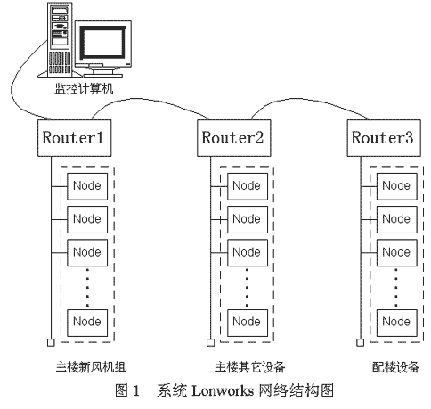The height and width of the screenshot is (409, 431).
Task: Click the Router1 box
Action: [75, 138]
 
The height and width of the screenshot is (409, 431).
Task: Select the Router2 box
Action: [234, 138]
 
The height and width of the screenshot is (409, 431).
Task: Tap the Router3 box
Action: [384, 138]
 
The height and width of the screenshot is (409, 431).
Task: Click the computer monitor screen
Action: [102, 43]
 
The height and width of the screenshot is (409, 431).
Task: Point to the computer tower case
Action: [61, 38]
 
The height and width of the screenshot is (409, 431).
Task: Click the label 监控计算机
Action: [84, 89]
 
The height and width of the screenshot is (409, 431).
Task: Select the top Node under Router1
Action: [87, 186]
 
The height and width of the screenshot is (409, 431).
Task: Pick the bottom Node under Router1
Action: [87, 323]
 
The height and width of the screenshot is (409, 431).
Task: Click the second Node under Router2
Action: [248, 219]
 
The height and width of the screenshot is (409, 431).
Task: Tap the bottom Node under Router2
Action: [248, 323]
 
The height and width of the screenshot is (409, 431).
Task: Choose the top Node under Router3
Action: [397, 186]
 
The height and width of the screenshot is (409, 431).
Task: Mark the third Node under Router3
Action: [397, 252]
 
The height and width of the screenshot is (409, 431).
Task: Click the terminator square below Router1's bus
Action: [51, 342]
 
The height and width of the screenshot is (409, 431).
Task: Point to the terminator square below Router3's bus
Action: [360, 342]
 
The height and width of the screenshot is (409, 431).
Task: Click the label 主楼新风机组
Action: [91, 367]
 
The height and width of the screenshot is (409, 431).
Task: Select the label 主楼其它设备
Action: [250, 367]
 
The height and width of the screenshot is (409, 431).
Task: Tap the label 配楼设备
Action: [395, 367]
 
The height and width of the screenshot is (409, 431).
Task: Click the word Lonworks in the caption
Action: [223, 390]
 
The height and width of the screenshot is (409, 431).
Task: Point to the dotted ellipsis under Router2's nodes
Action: [248, 287]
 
